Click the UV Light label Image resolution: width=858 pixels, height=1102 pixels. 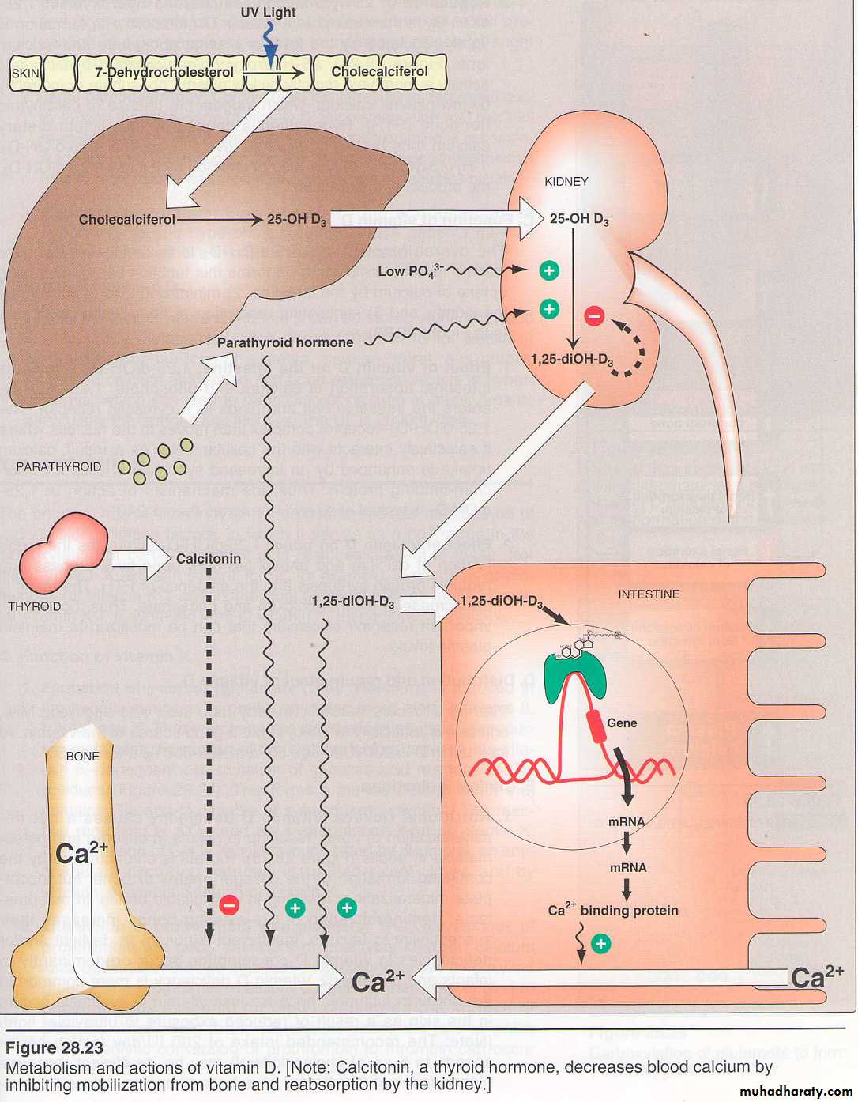268,13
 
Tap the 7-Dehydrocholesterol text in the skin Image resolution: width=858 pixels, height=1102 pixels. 164,72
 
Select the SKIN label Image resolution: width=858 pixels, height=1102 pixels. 25,74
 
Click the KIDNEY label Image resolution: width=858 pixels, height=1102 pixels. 566,181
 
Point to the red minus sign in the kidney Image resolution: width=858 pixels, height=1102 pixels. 594,316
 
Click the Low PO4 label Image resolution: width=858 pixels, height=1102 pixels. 410,271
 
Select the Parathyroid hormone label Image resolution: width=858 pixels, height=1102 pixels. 285,342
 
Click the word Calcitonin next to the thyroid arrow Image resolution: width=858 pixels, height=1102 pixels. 209,558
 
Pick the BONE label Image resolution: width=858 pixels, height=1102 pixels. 82,757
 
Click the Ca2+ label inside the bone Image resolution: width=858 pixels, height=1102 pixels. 81,852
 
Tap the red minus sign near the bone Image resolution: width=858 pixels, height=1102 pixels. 229,905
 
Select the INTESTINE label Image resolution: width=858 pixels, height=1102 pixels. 649,594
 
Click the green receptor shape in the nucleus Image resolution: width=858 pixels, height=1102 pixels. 576,674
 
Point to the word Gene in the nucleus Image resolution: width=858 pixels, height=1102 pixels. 622,723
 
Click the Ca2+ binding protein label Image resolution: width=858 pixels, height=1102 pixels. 613,910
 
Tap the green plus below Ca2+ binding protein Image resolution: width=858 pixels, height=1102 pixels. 601,943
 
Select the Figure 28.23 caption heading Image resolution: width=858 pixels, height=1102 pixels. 55,1048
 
